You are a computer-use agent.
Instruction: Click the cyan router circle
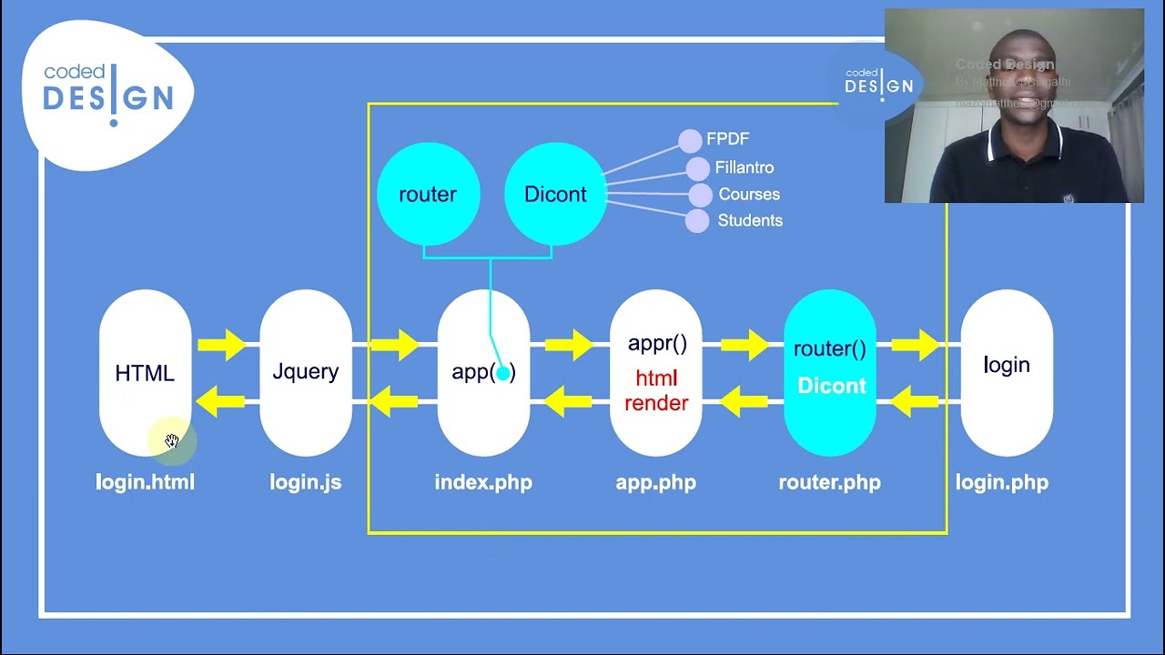pyautogui.click(x=428, y=194)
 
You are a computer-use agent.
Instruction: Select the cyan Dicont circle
pyautogui.click(x=555, y=194)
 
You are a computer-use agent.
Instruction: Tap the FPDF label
pyautogui.click(x=727, y=139)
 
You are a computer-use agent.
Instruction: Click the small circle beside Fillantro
pyautogui.click(x=697, y=168)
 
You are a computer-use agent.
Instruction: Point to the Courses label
pyautogui.click(x=749, y=194)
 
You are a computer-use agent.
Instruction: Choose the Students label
pyautogui.click(x=750, y=220)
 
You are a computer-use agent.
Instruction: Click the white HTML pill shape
pyautogui.click(x=145, y=373)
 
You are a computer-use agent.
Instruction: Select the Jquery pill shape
pyautogui.click(x=306, y=372)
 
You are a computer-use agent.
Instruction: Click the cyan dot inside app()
pyautogui.click(x=502, y=373)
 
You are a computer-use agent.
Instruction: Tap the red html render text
pyautogui.click(x=656, y=390)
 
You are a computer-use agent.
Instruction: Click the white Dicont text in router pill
pyautogui.click(x=831, y=386)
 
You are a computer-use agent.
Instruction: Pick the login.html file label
pyautogui.click(x=145, y=482)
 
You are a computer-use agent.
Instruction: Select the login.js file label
pyautogui.click(x=306, y=482)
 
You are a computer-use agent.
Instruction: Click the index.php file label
pyautogui.click(x=483, y=482)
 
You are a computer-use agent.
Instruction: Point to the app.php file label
pyautogui.click(x=655, y=482)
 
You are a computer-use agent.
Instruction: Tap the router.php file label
pyautogui.click(x=829, y=482)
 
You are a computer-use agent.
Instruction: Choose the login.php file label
pyautogui.click(x=1001, y=482)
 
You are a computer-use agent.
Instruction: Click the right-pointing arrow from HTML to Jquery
pyautogui.click(x=221, y=345)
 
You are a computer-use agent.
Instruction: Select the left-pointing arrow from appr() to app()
pyautogui.click(x=569, y=400)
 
